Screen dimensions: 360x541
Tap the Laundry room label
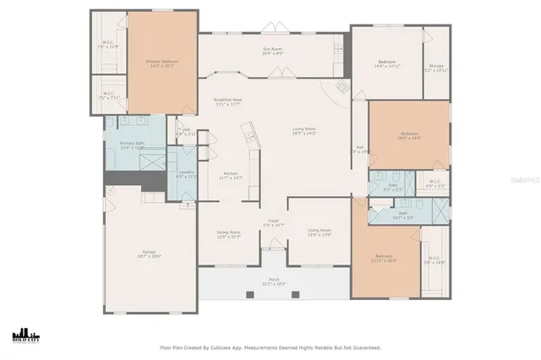pyautogui.click(x=186, y=174)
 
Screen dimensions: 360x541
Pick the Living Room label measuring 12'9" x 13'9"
pyautogui.click(x=319, y=232)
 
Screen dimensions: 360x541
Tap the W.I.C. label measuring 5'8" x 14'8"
pyautogui.click(x=434, y=260)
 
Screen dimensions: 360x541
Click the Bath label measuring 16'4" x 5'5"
pyautogui.click(x=402, y=215)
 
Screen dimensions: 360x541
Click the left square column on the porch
pyautogui.click(x=249, y=294)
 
